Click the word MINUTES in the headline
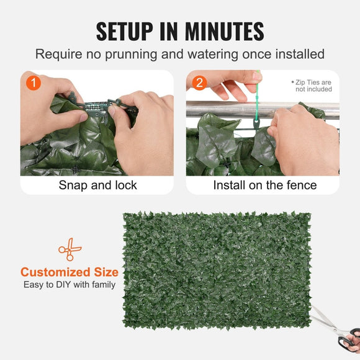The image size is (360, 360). (x=227, y=30)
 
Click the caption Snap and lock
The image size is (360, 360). (x=97, y=185)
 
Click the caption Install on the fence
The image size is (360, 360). (x=264, y=185)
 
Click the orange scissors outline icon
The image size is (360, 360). (x=70, y=249)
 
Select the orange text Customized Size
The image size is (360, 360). (x=70, y=272)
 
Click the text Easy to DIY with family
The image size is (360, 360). (x=70, y=285)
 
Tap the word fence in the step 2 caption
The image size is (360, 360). (x=302, y=185)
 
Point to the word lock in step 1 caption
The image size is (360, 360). (x=125, y=185)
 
